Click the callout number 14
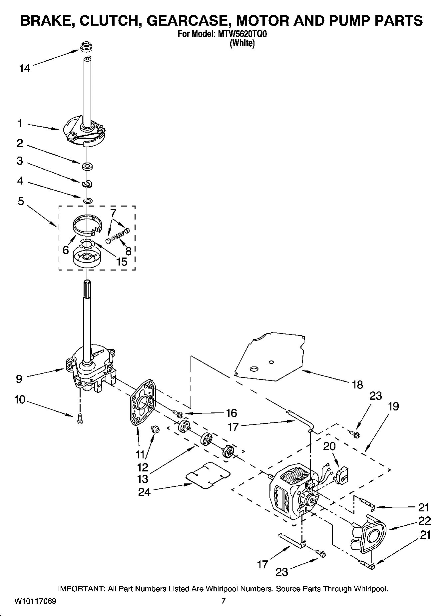click(24, 69)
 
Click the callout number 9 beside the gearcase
click(19, 379)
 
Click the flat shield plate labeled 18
click(270, 356)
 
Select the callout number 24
click(144, 492)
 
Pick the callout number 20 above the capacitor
click(329, 446)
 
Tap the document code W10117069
click(35, 601)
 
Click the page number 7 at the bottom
click(223, 601)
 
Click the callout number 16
click(231, 413)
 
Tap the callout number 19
click(393, 406)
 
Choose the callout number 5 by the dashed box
click(21, 201)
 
